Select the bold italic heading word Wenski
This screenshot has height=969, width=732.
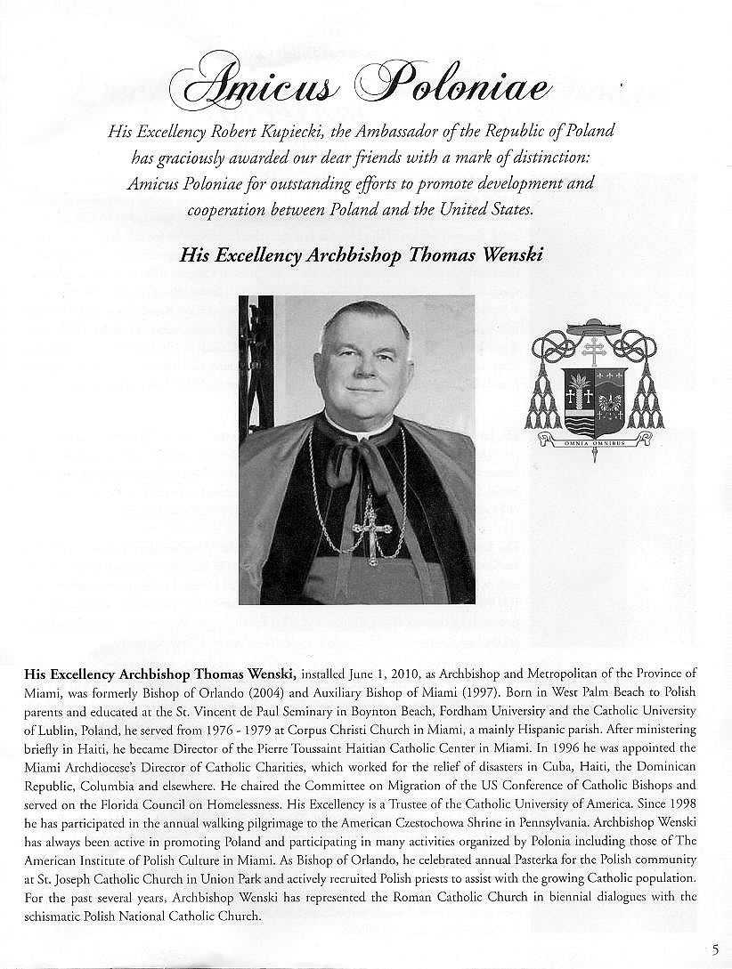click(513, 255)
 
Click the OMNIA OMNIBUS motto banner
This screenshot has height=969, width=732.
click(593, 442)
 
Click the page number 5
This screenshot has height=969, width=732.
click(716, 949)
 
